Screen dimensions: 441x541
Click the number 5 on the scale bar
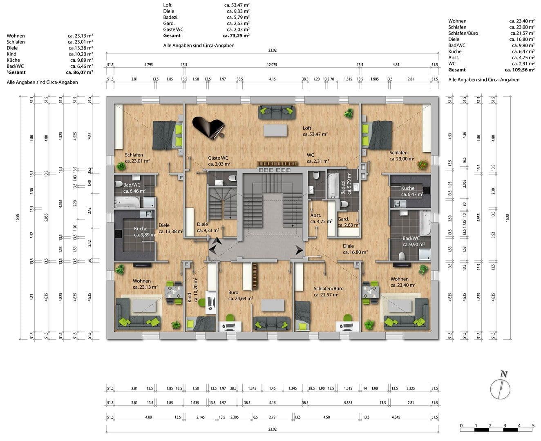click(x=533, y=425)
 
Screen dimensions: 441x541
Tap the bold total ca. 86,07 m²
click(x=79, y=72)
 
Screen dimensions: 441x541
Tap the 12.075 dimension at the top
click(x=272, y=65)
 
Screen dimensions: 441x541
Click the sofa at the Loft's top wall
click(x=277, y=112)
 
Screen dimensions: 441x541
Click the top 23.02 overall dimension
click(x=272, y=51)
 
